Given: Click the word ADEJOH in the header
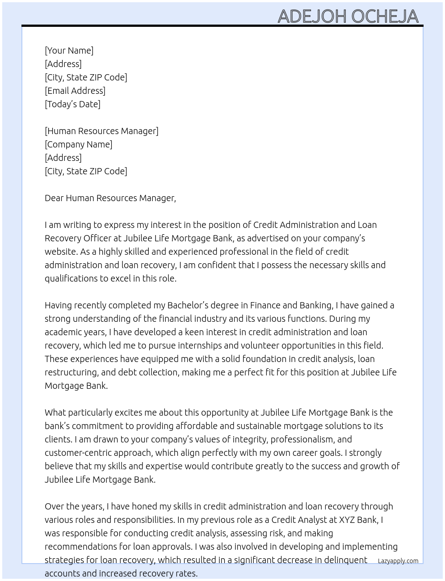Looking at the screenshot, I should pyautogui.click(x=312, y=17).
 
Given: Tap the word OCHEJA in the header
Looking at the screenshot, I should pyautogui.click(x=385, y=17).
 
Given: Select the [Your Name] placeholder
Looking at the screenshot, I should pyautogui.click(x=69, y=51).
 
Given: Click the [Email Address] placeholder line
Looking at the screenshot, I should pyautogui.click(x=75, y=91).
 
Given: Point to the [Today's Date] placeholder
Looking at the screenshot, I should pyautogui.click(x=72, y=104).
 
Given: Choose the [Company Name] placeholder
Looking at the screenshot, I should pyautogui.click(x=79, y=144).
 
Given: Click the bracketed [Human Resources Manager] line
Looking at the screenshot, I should pyautogui.click(x=101, y=131).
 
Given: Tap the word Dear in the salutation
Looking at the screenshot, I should pyautogui.click(x=54, y=198).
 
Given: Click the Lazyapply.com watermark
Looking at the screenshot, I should pyautogui.click(x=398, y=561).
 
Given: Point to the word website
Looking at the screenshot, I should pyautogui.click(x=61, y=252).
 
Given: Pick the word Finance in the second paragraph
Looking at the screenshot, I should pyautogui.click(x=265, y=305).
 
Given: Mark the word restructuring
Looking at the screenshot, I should pyautogui.click(x=71, y=372).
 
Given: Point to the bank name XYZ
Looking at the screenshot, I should pyautogui.click(x=348, y=520).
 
